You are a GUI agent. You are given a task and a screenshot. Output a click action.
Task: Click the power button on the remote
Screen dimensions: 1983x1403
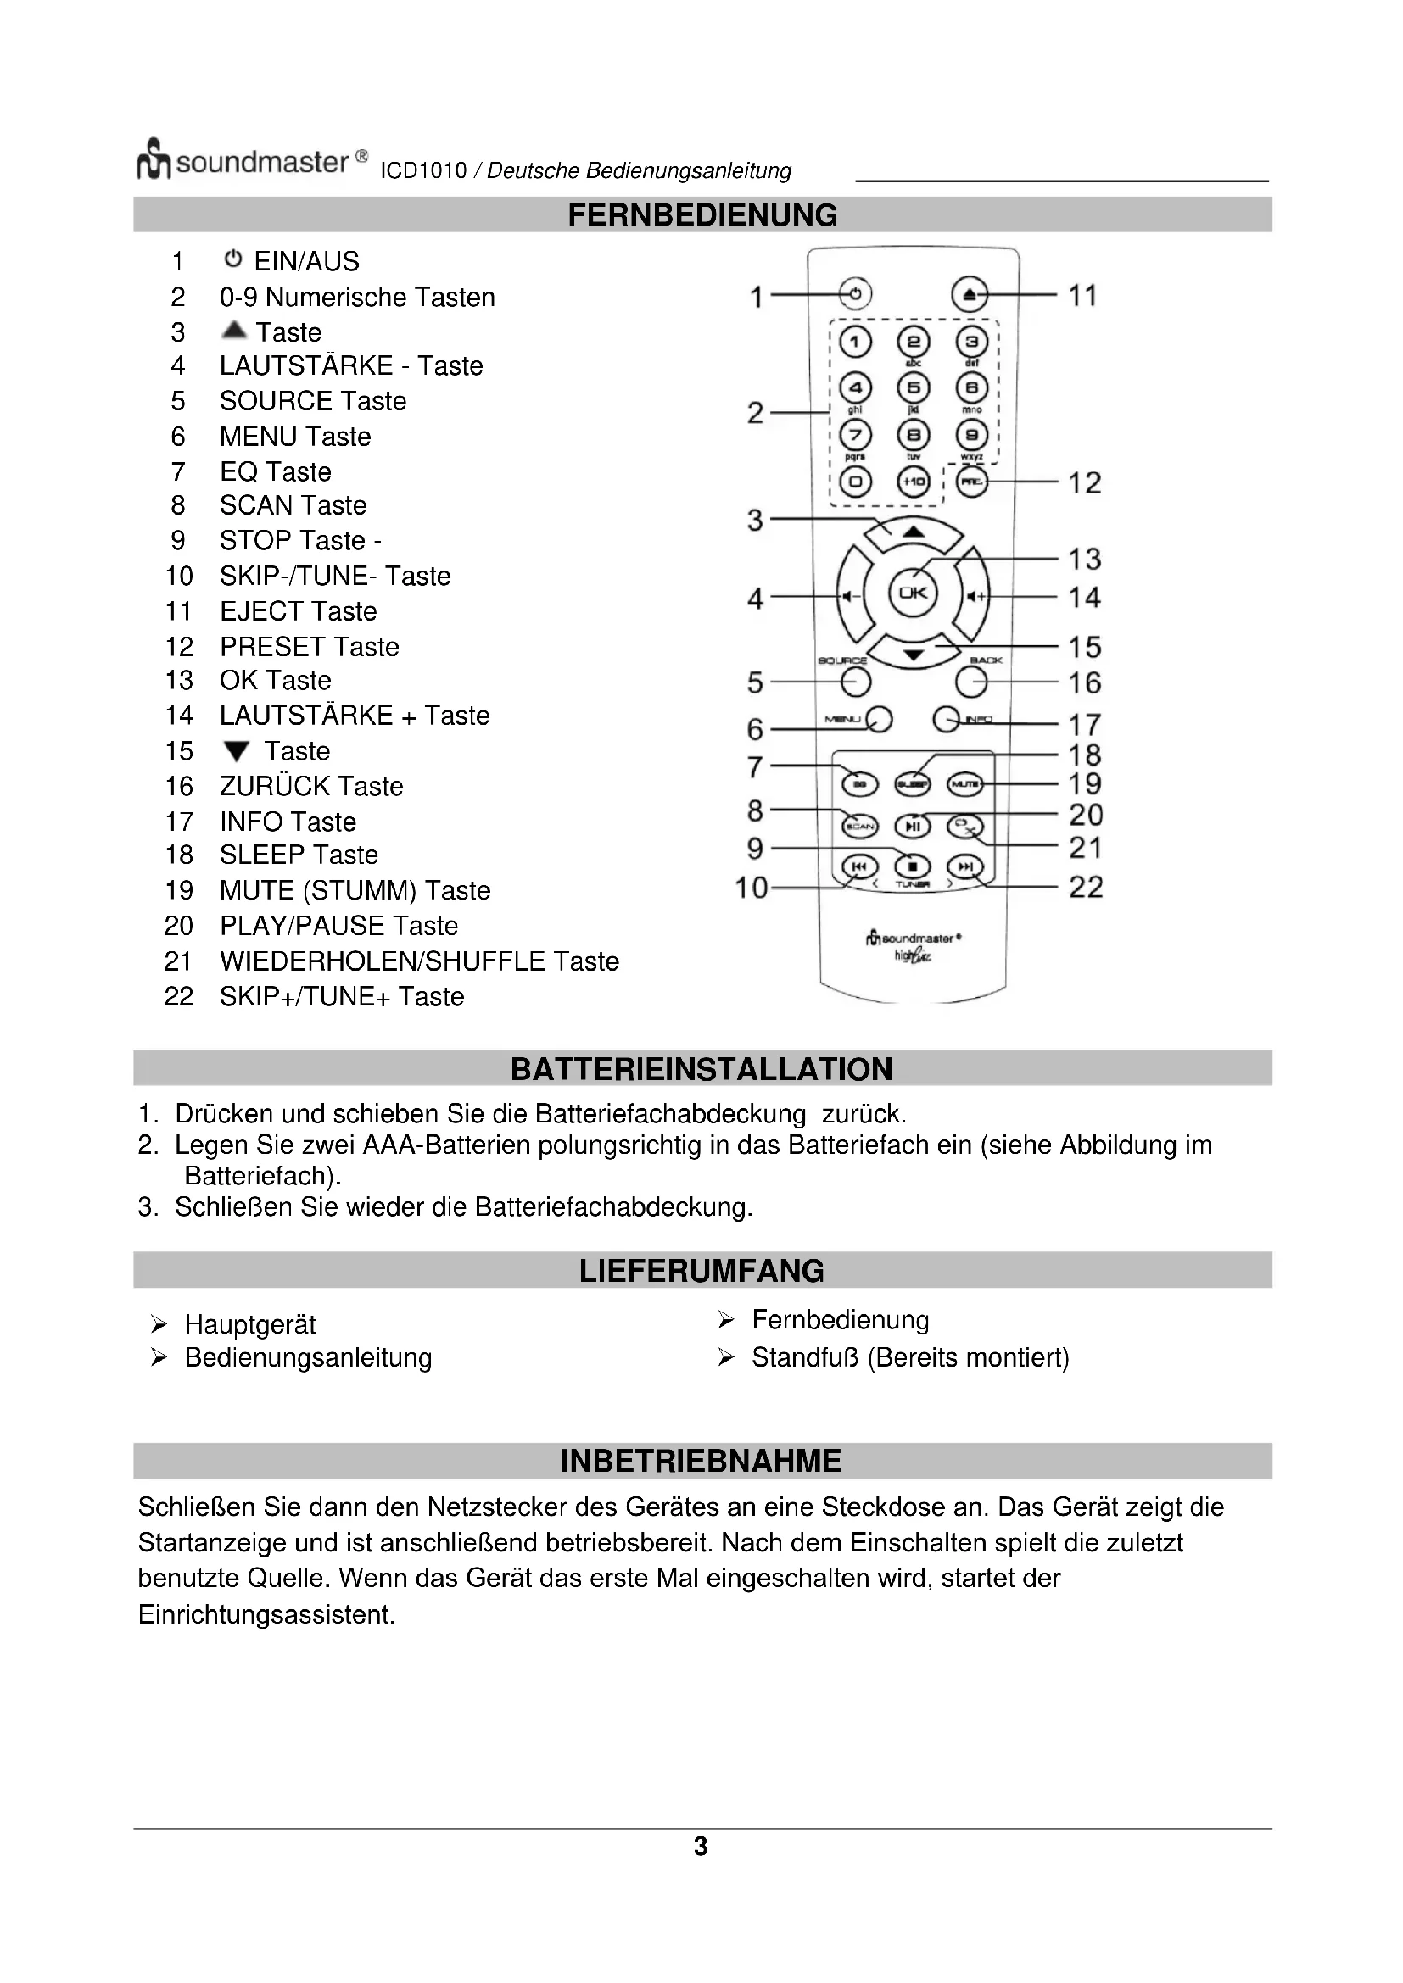854,294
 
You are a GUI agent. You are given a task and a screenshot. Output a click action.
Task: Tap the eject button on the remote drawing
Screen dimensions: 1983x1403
970,294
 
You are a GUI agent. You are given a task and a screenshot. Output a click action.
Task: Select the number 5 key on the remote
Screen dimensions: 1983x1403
914,387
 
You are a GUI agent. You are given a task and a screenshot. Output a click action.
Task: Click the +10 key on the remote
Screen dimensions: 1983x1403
914,481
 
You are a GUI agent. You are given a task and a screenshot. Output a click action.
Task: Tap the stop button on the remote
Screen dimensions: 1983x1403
914,866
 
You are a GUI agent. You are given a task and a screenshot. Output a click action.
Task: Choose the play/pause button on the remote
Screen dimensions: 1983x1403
914,827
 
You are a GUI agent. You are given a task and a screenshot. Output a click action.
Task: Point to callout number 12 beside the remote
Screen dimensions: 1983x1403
1084,482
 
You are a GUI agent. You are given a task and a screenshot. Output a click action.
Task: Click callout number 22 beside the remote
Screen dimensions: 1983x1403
1086,887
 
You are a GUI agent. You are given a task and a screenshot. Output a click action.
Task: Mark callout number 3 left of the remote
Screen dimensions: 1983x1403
755,520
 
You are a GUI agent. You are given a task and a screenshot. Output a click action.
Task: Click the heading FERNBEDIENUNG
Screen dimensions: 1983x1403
701,215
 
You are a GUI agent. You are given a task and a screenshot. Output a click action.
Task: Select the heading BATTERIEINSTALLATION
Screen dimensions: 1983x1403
701,1069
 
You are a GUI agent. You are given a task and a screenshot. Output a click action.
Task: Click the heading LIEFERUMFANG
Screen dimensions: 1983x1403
701,1271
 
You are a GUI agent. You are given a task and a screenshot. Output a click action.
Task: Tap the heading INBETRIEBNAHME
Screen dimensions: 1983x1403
701,1461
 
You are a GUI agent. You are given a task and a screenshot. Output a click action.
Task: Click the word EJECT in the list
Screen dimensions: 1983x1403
262,611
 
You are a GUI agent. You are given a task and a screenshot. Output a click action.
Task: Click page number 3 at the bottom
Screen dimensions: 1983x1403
701,1847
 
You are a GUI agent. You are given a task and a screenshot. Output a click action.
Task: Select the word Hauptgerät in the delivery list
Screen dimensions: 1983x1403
249,1324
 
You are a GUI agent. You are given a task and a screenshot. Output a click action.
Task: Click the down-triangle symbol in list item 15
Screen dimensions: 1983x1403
236,751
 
